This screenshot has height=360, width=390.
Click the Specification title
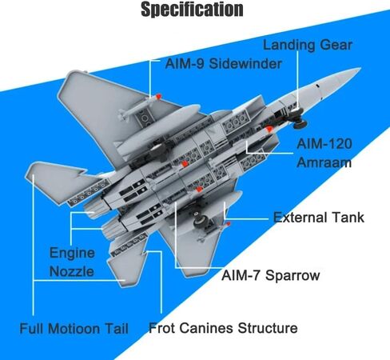192,10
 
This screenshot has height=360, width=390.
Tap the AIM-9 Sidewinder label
224,64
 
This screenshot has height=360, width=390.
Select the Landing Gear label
308,46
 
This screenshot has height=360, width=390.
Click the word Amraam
324,162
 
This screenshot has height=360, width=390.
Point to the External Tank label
319,218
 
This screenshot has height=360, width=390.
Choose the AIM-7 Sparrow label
270,275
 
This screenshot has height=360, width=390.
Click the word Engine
72,254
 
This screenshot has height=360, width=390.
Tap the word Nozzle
72,271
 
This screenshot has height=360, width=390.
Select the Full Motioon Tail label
74,328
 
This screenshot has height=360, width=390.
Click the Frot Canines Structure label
223,328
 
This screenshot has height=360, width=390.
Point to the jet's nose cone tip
360,69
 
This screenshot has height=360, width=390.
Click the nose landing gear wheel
300,123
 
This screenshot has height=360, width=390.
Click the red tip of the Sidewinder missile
158,96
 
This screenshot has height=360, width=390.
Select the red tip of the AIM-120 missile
269,130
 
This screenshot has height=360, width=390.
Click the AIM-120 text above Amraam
324,144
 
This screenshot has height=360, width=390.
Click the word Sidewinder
245,64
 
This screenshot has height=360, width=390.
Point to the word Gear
336,45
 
